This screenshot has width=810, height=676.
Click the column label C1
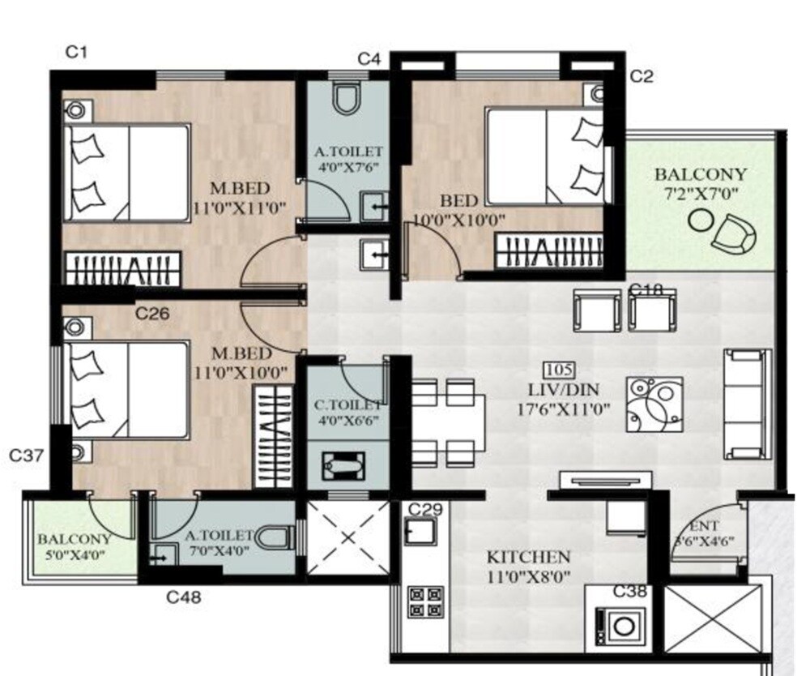coord(76,53)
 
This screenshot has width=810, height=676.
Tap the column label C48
coord(184,598)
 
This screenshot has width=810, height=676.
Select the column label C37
coord(26,456)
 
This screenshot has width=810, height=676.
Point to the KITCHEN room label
coord(528,558)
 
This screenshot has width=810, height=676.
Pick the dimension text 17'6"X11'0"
coord(564,409)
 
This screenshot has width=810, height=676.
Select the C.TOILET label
coord(347,404)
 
